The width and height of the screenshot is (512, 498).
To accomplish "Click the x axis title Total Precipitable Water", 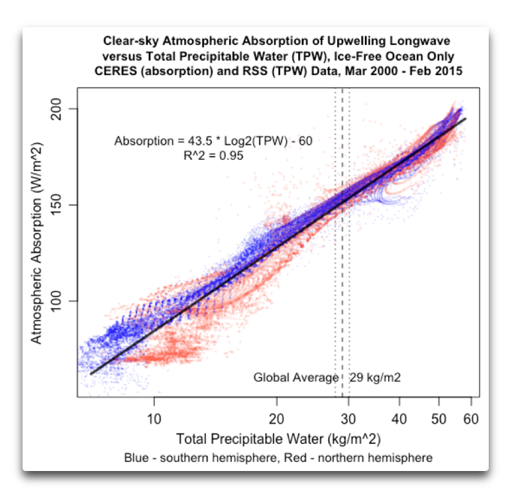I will pyautogui.click(x=277, y=437).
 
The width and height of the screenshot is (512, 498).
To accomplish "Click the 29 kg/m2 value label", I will pyautogui.click(x=375, y=377).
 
